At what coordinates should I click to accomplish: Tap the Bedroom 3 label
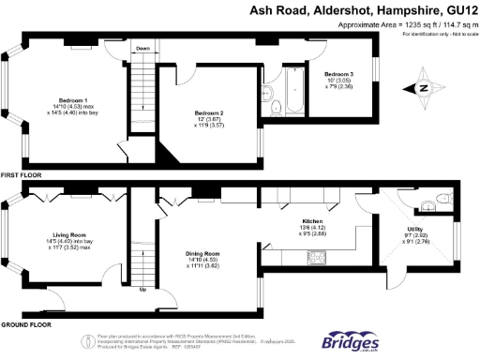click(x=339, y=73)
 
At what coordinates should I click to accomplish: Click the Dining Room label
click(x=202, y=254)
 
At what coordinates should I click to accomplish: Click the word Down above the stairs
click(x=142, y=48)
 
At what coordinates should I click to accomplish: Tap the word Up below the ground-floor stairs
click(x=142, y=289)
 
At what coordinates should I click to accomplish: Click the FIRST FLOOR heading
click(x=22, y=174)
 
